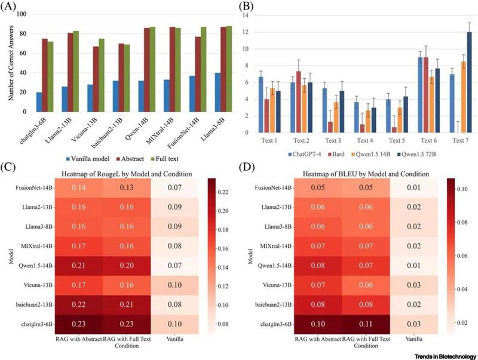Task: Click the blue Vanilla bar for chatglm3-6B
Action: pyautogui.click(x=39, y=102)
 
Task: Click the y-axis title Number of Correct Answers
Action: pyautogui.click(x=8, y=61)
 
